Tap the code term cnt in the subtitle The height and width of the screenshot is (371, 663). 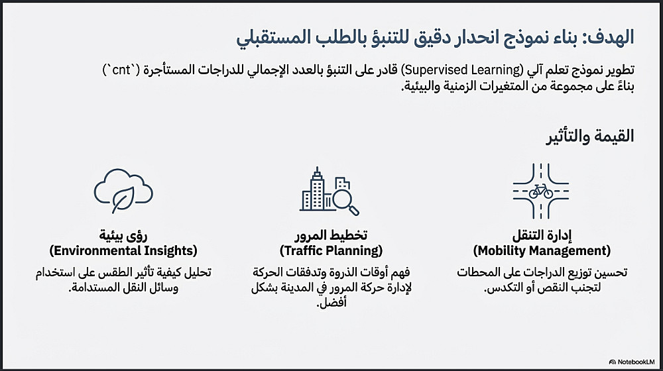[121, 70]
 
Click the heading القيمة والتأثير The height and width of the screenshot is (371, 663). [590, 136]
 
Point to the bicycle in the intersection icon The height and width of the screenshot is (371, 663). [541, 191]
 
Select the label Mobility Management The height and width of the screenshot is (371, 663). [542, 251]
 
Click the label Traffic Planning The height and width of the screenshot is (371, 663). [331, 251]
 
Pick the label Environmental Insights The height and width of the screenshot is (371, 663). [123, 251]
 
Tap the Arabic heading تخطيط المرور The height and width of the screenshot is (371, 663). [331, 235]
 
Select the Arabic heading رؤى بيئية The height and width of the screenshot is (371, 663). [123, 235]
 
